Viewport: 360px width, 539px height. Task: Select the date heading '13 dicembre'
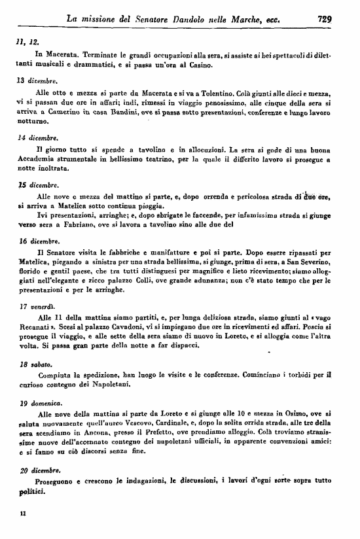pyautogui.click(x=37, y=81)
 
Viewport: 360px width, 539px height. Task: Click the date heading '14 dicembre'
pyautogui.click(x=37, y=138)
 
